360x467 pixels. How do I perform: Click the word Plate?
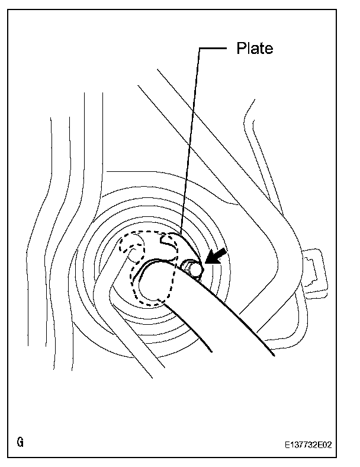click(255, 49)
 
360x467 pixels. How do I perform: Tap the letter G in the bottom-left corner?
click(21, 443)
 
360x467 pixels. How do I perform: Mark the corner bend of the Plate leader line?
click(199, 49)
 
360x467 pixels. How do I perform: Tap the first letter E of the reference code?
click(286, 443)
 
